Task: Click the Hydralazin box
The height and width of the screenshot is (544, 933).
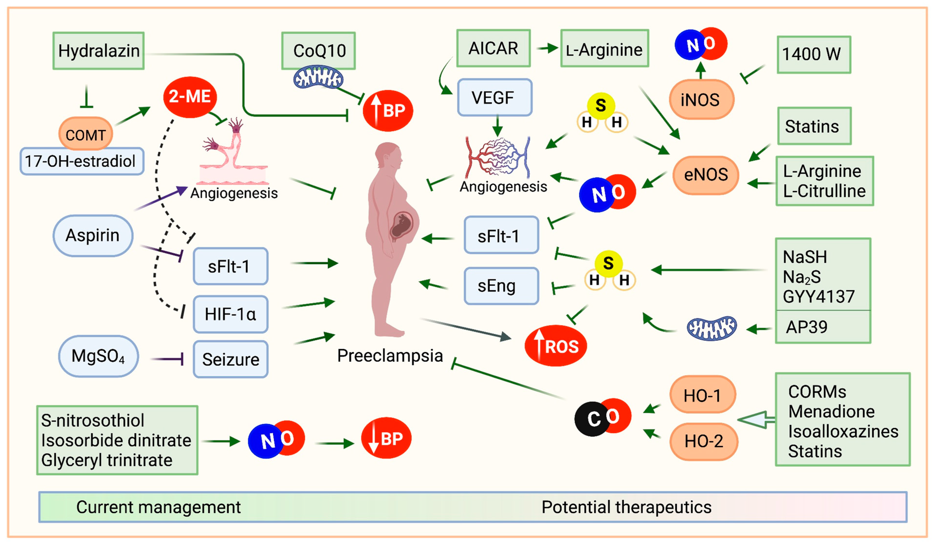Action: coord(99,51)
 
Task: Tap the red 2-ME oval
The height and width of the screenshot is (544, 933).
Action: coord(190,97)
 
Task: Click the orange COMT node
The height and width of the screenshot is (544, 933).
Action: coord(85,134)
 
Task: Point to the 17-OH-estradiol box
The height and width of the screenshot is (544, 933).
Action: coord(82,161)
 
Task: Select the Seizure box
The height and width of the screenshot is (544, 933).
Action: coord(231,359)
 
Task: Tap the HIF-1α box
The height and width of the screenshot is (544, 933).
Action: coord(231,314)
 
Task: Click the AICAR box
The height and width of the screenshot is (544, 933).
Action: coord(493,48)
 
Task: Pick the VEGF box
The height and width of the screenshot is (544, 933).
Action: coord(495,97)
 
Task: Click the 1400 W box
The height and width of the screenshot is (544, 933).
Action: coord(814,55)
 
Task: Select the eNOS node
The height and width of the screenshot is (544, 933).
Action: coord(706,175)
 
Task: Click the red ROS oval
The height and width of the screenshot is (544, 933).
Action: coord(555,346)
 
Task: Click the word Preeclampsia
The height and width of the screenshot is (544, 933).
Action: coord(390,356)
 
